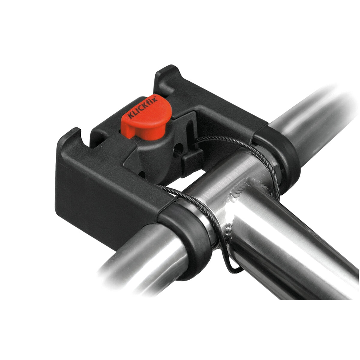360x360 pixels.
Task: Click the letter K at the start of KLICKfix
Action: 131,115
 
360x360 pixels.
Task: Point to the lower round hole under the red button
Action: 142,173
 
